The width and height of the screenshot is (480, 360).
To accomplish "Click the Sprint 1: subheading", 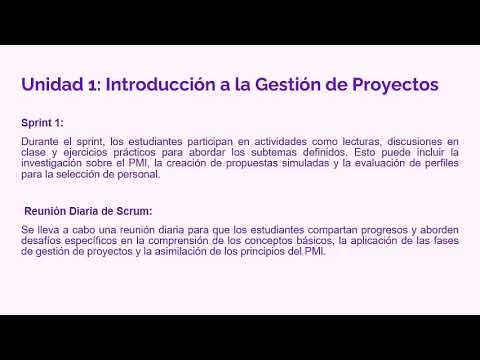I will [x=42, y=122].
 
